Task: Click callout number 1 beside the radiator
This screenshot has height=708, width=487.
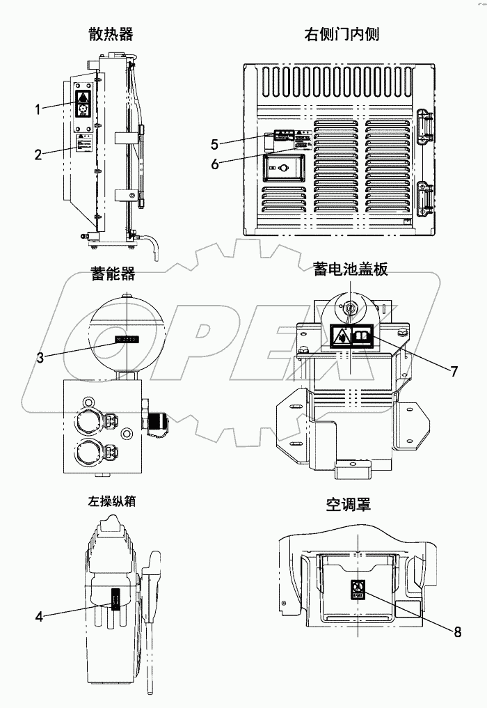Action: click(39, 107)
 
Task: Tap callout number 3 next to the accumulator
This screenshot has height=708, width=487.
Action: click(42, 357)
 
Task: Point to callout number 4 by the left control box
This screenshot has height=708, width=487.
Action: click(39, 615)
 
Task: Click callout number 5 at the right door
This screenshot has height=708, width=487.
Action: click(215, 144)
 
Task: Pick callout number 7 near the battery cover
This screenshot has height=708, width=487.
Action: click(453, 371)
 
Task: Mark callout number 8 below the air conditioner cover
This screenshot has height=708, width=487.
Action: click(457, 631)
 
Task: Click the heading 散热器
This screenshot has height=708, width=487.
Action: click(111, 33)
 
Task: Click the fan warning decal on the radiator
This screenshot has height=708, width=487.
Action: click(83, 104)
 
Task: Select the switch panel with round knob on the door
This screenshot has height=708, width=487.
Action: click(284, 168)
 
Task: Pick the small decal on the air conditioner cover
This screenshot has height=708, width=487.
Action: click(358, 590)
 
